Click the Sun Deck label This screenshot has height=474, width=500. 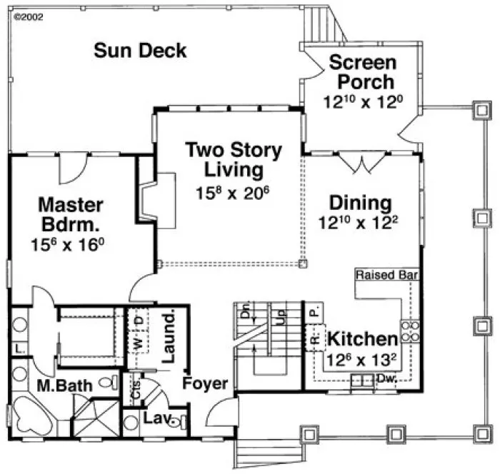140,51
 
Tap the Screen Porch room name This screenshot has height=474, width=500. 361,71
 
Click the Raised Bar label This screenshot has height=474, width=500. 386,275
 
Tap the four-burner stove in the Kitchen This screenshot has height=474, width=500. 410,331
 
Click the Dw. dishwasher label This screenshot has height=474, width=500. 386,378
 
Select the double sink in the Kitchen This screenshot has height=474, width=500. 362,380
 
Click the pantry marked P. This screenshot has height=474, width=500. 312,311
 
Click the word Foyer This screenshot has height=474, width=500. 205,383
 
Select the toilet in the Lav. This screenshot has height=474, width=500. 179,421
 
